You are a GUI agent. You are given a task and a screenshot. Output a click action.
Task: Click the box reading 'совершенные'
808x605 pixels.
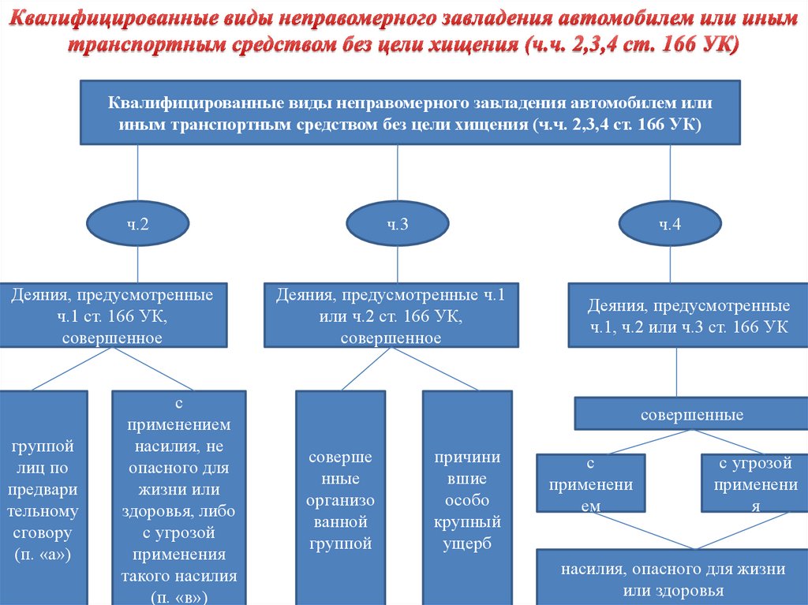pos(691,414)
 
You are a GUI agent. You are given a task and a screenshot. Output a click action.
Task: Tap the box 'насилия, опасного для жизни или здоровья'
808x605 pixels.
pos(672,579)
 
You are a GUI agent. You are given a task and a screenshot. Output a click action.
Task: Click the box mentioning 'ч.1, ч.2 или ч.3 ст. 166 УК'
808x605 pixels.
pos(688,316)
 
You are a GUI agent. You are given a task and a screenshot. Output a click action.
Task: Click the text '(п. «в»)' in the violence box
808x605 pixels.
pos(179,596)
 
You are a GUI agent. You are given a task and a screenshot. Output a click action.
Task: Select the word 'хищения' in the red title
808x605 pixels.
pos(472,46)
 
